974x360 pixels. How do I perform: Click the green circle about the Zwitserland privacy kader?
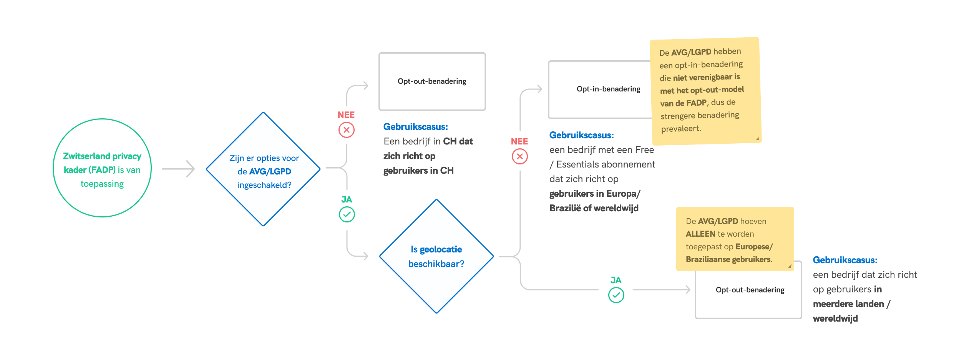[102, 168]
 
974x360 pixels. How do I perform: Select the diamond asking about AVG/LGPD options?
[263, 169]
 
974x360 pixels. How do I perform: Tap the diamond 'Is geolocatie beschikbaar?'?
[436, 256]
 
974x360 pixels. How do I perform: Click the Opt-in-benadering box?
[599, 90]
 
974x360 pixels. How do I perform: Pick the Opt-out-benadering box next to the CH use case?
[432, 81]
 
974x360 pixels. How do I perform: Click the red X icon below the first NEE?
[346, 130]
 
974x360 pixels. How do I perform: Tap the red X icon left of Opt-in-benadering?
[519, 156]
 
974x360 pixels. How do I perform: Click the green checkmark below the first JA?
[347, 214]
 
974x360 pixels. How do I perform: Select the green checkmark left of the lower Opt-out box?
[616, 295]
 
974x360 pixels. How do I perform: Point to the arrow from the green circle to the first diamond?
[178, 169]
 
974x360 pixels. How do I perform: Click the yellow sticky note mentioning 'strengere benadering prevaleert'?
[705, 91]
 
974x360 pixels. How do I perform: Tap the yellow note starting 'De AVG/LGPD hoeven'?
[735, 239]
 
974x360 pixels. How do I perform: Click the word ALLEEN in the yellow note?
[700, 234]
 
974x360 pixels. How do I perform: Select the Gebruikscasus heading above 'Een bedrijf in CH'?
[415, 127]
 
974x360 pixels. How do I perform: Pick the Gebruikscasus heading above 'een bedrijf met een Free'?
[581, 135]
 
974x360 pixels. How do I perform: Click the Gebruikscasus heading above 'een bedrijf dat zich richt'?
[845, 260]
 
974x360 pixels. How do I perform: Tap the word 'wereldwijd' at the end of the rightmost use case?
[835, 319]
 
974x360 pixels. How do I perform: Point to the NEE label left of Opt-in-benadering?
[519, 141]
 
